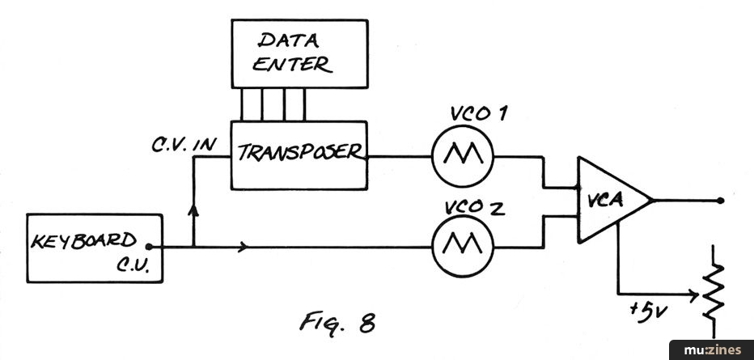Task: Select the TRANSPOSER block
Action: click(299, 155)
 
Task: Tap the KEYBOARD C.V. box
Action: click(94, 248)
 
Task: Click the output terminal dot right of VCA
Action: click(720, 200)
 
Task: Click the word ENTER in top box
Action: click(292, 66)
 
